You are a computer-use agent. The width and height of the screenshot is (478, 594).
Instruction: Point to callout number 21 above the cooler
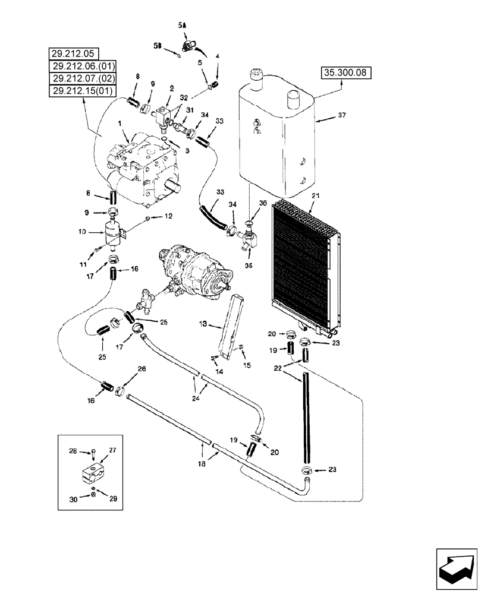click(x=316, y=196)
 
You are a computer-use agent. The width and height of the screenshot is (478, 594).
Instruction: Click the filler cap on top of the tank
click(x=254, y=77)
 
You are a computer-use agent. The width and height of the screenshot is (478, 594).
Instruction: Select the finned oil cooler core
click(x=303, y=255)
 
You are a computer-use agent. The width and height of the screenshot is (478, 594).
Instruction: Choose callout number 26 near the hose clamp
click(x=141, y=369)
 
